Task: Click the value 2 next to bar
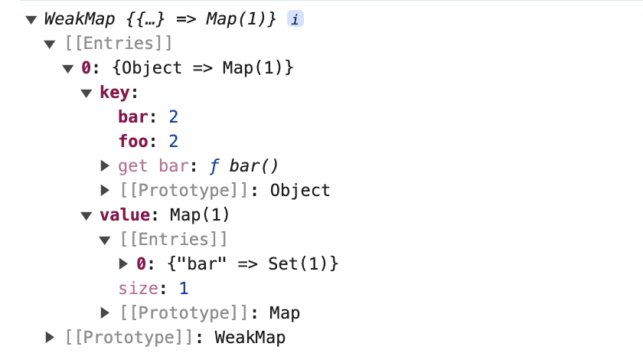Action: [x=173, y=117]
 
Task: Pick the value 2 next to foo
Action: [x=173, y=141]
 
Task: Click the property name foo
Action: [x=133, y=141]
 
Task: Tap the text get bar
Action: [x=152, y=165]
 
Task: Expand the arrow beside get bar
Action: [x=105, y=165]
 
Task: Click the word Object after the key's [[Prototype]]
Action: [x=300, y=190]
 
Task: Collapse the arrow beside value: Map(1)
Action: [x=86, y=215]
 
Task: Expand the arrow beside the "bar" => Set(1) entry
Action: [x=123, y=263]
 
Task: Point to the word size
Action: [x=136, y=288]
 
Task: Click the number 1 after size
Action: [x=183, y=288]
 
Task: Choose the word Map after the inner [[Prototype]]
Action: [x=285, y=313]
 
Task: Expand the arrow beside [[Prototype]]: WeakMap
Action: [x=50, y=337]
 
